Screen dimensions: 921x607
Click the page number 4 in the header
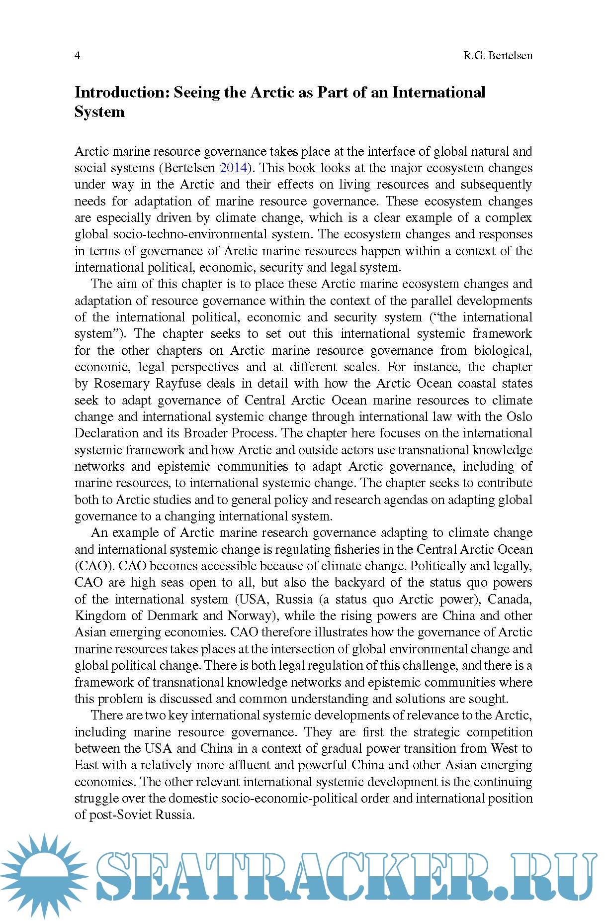point(77,55)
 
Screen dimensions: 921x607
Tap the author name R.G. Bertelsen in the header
point(498,55)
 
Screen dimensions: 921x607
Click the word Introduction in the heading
point(121,93)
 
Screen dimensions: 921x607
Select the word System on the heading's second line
point(99,112)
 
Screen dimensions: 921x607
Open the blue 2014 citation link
point(233,168)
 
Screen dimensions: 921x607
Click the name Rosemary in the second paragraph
point(121,384)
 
